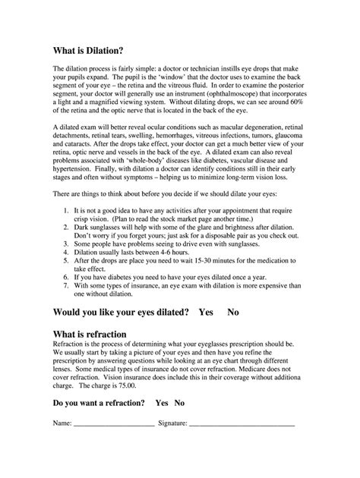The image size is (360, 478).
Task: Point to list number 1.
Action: click(67, 209)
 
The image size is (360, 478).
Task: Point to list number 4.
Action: click(67, 251)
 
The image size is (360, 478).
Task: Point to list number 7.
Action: click(67, 285)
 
